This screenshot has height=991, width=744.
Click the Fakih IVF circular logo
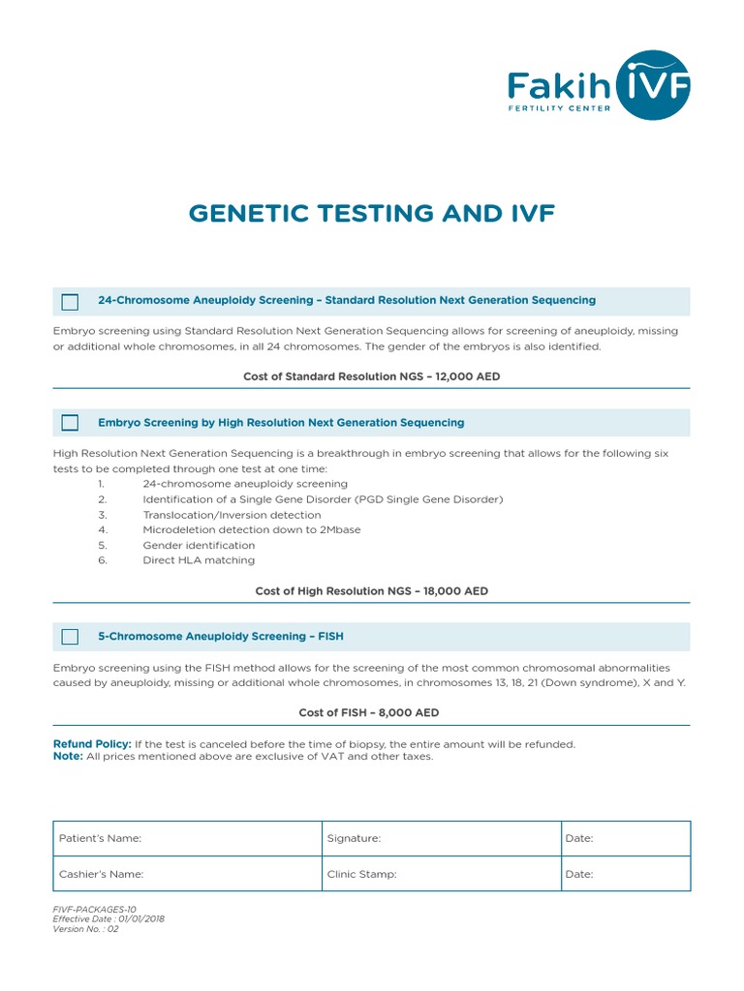(x=654, y=85)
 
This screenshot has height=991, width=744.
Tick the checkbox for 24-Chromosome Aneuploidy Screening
(x=70, y=302)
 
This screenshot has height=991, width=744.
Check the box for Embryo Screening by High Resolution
(x=70, y=423)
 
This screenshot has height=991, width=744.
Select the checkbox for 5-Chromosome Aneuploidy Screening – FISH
(x=70, y=637)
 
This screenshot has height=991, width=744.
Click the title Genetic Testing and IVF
(x=372, y=213)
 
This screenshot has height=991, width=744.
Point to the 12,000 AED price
(x=462, y=376)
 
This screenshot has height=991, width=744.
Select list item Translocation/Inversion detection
(x=232, y=515)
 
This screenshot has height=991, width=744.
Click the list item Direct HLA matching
(x=199, y=560)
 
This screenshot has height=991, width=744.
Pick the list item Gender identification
(x=199, y=545)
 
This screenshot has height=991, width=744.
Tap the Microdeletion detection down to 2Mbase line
(x=251, y=530)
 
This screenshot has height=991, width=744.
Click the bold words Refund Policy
(x=92, y=744)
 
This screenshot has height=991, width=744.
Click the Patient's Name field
(x=188, y=839)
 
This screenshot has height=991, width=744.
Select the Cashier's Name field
(x=188, y=874)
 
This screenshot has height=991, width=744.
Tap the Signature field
(x=441, y=839)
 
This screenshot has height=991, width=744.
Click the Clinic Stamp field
(x=441, y=874)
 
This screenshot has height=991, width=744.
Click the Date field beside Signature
(x=625, y=839)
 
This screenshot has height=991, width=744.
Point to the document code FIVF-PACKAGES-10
(x=95, y=910)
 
